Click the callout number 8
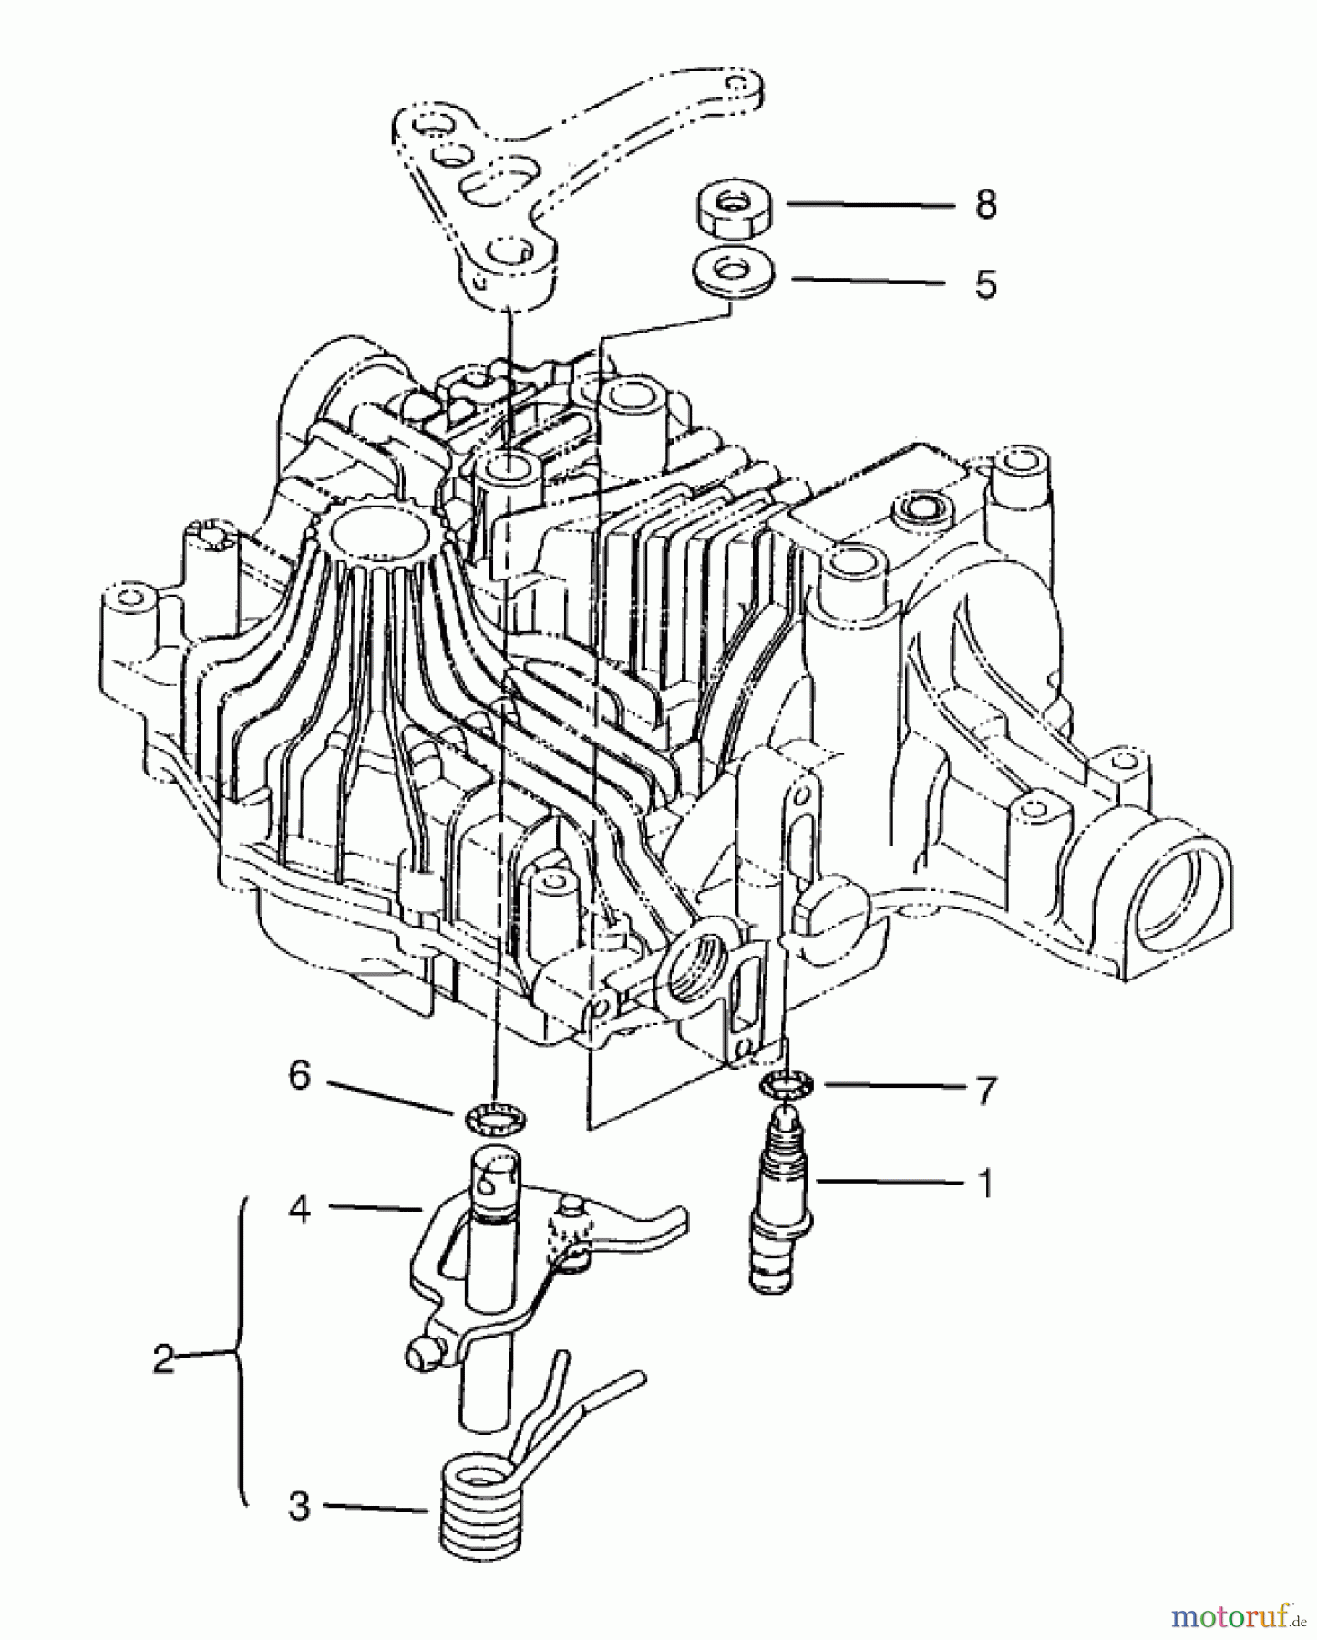(985, 205)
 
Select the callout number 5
(985, 284)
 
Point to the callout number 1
(983, 1183)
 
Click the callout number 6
(300, 1076)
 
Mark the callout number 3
(300, 1506)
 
